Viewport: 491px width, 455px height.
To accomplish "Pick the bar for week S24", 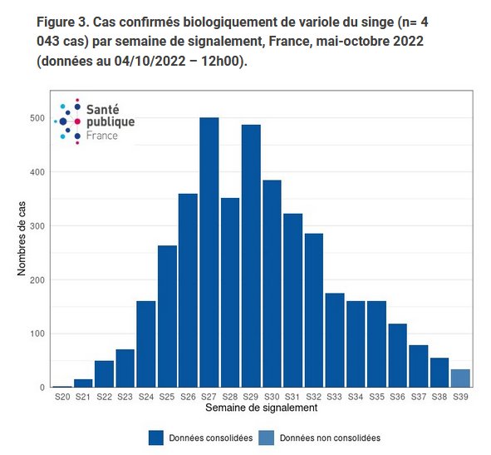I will (145, 344).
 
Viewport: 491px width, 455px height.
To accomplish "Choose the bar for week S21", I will (82, 383).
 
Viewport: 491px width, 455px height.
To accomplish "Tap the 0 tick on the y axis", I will (42, 388).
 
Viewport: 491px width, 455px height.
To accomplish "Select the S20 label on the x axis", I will (61, 398).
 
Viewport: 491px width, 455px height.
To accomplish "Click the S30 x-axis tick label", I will (273, 398).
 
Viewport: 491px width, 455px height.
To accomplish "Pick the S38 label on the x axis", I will (439, 398).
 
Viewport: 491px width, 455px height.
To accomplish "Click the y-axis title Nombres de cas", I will (22, 241).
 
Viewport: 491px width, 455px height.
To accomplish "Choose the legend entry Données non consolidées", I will (318, 438).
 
